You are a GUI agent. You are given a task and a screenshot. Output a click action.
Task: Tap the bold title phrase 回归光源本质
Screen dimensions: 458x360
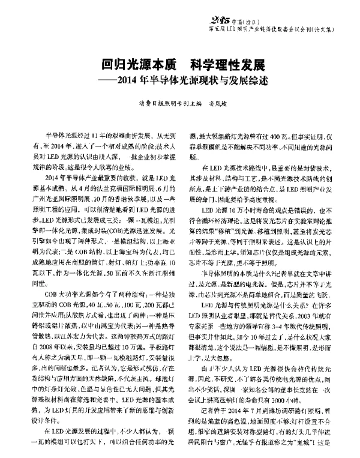click(x=135, y=64)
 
